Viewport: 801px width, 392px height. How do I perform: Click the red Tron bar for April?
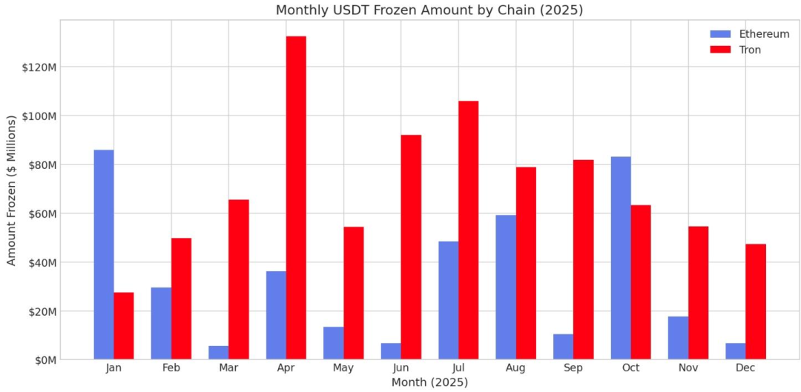click(296, 198)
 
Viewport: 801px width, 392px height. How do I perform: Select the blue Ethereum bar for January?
click(104, 255)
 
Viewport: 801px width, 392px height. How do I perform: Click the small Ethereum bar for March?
click(219, 353)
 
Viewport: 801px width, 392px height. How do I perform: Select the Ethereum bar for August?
click(506, 287)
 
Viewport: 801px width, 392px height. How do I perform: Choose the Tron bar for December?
click(756, 302)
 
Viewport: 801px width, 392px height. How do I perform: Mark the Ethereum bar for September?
click(563, 347)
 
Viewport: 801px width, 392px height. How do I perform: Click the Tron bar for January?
click(124, 326)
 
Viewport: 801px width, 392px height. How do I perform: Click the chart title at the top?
click(429, 10)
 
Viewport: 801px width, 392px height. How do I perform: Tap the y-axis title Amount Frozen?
click(11, 190)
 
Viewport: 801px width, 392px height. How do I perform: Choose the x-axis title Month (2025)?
click(429, 382)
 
